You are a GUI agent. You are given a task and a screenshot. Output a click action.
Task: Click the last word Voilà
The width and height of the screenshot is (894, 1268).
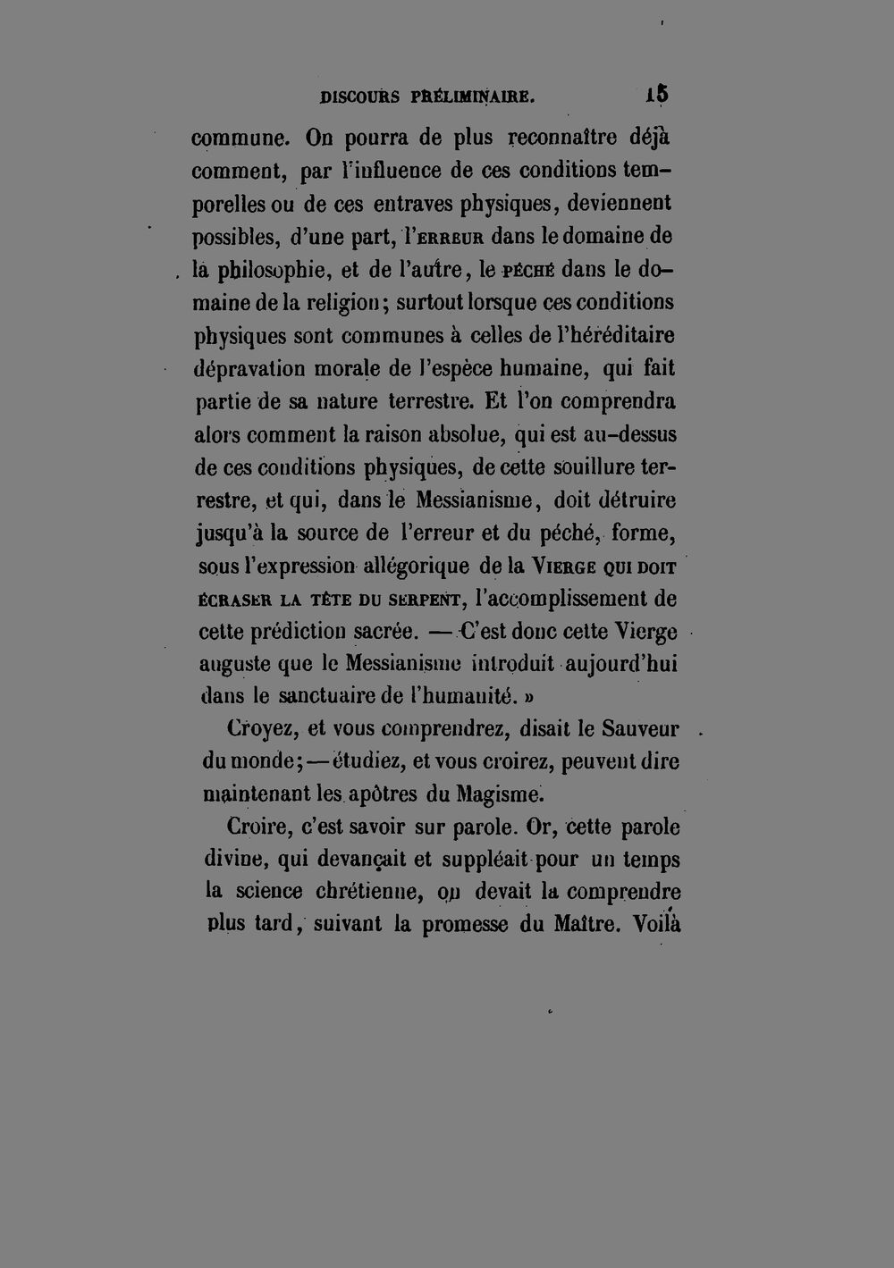656,924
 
